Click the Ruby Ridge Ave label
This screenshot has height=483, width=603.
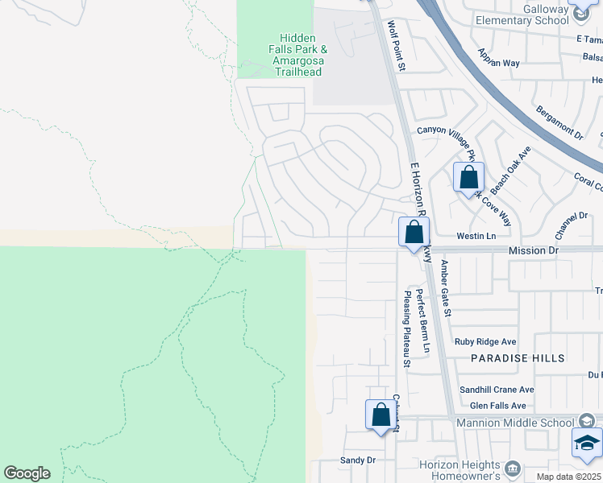(485, 341)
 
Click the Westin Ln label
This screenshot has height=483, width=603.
(476, 237)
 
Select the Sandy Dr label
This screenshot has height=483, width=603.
(359, 460)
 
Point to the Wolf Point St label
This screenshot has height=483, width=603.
(397, 45)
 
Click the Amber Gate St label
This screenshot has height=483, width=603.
(446, 287)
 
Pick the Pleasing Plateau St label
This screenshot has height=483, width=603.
(407, 330)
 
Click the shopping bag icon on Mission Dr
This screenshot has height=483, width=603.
(414, 233)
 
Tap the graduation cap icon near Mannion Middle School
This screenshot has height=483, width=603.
(587, 443)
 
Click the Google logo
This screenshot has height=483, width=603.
(27, 473)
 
